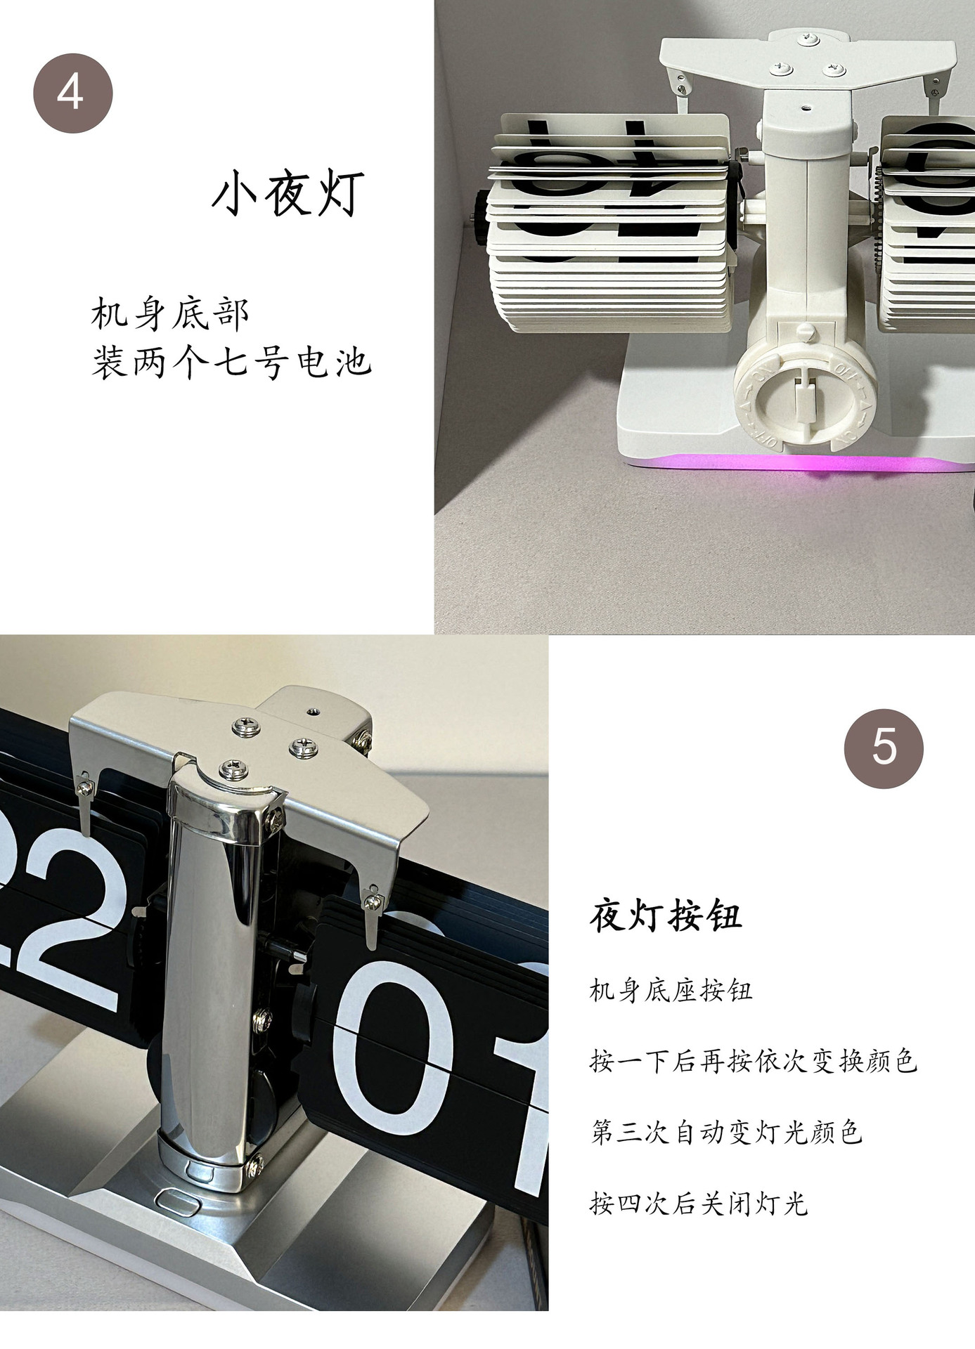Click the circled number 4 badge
pyautogui.click(x=73, y=93)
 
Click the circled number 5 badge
pyautogui.click(x=884, y=748)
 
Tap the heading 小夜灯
pyautogui.click(x=288, y=194)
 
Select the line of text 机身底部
pyautogui.click(x=169, y=313)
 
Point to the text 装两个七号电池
pyautogui.click(x=231, y=363)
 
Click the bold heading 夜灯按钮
pyautogui.click(x=665, y=915)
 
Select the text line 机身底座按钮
pyautogui.click(x=671, y=991)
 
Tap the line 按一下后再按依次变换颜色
pyautogui.click(x=753, y=1060)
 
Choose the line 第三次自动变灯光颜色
pyautogui.click(x=725, y=1132)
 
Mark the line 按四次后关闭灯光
pyautogui.click(x=699, y=1204)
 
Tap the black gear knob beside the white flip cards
pyautogui.click(x=480, y=218)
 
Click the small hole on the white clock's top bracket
pyautogui.click(x=806, y=110)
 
